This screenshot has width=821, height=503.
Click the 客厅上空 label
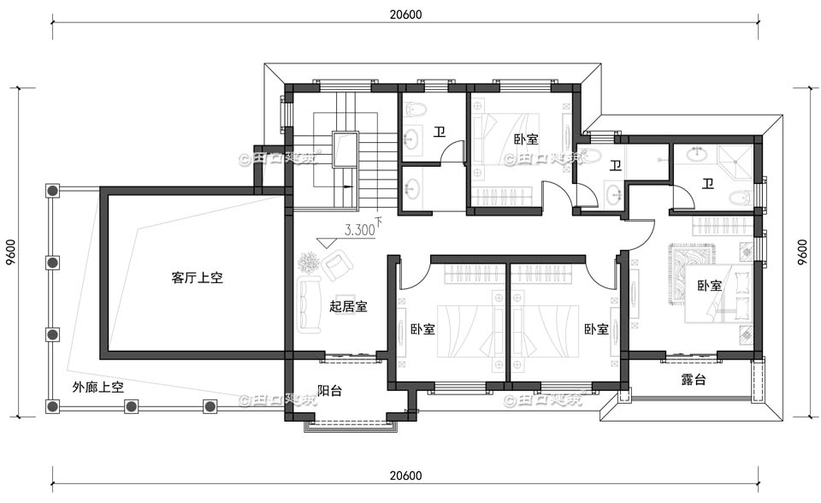click(x=197, y=278)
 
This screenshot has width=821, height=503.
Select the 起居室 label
click(x=348, y=306)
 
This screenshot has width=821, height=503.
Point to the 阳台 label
click(x=329, y=391)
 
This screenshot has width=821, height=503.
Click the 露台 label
click(x=693, y=380)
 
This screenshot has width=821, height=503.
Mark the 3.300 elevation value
click(x=358, y=230)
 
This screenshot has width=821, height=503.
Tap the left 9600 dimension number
click(x=10, y=252)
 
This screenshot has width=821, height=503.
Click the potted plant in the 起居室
click(x=309, y=262)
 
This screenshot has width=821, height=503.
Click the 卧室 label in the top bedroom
click(x=525, y=139)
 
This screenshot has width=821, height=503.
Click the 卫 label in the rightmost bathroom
click(x=708, y=183)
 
